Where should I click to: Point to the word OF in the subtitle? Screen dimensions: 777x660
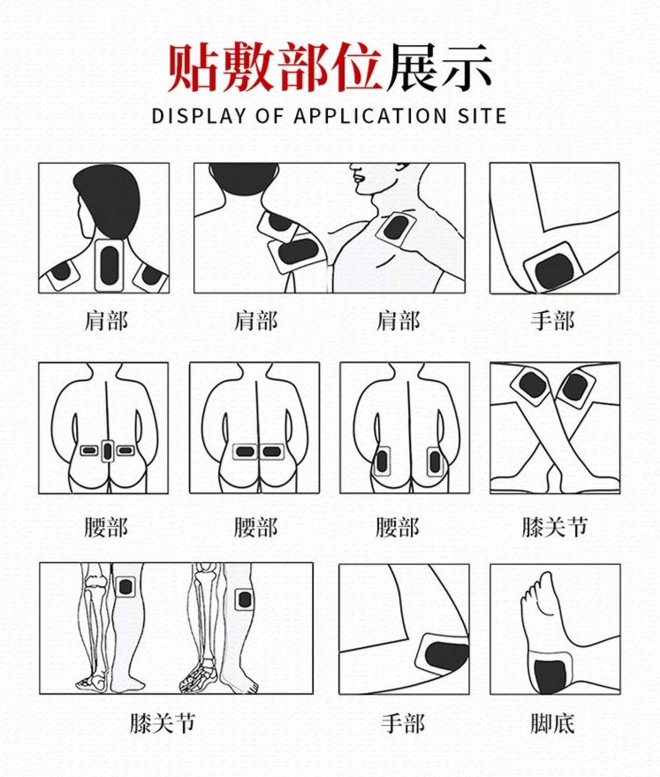coord(269,116)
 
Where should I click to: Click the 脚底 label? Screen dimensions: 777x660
coord(553,725)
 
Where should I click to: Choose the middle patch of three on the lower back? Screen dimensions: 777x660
coord(108,451)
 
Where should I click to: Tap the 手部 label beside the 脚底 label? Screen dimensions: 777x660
coord(404,725)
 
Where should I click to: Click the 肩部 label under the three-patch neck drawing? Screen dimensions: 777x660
coord(106,320)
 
